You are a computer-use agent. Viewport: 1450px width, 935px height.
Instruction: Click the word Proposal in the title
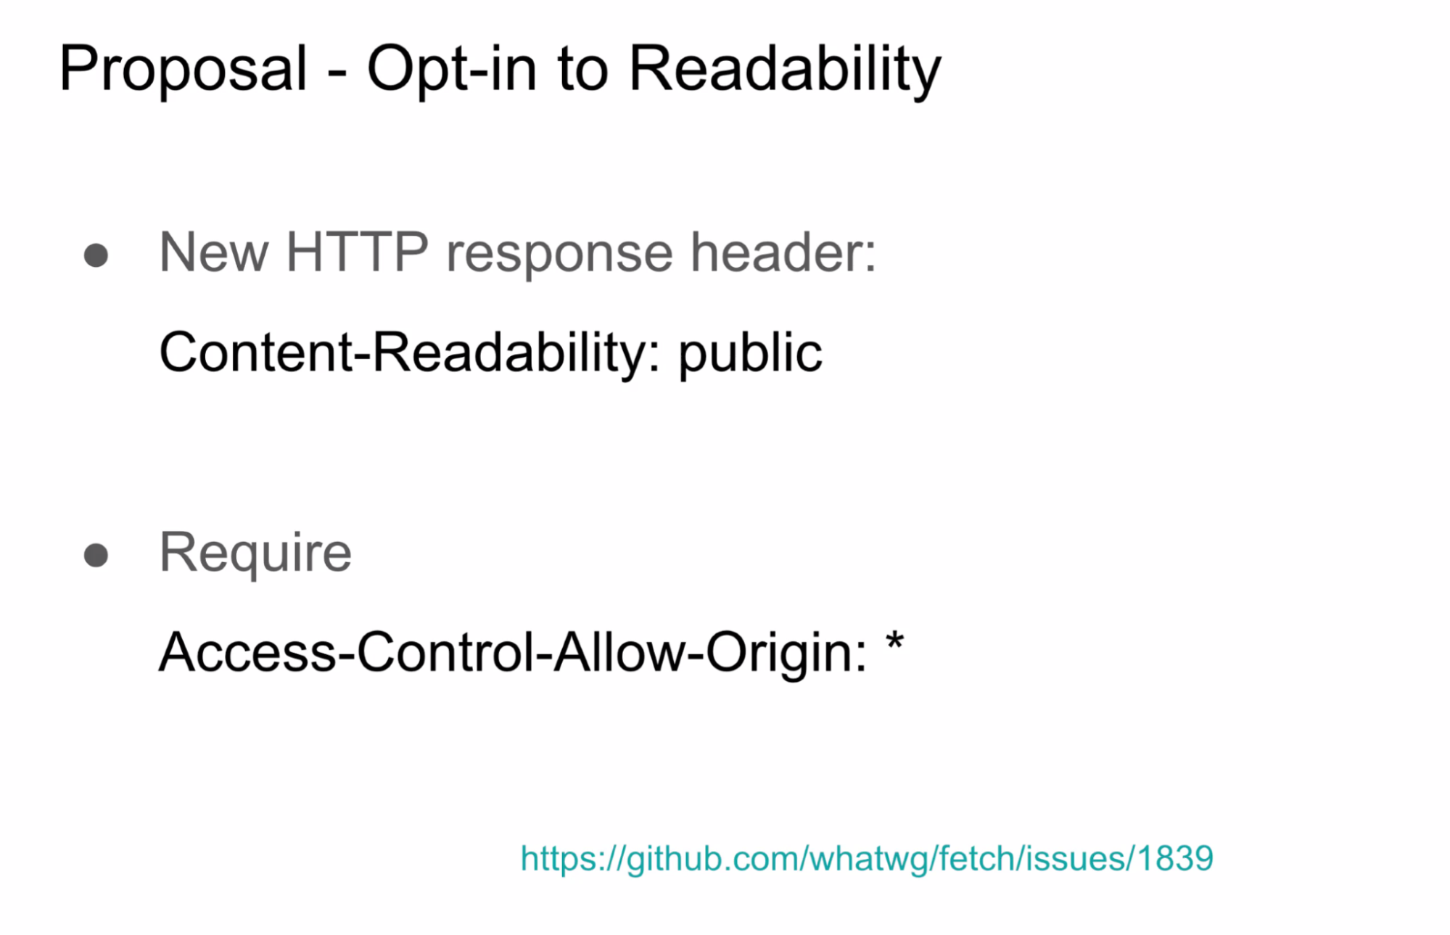184,70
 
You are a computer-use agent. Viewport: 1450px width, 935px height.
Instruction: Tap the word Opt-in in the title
451,70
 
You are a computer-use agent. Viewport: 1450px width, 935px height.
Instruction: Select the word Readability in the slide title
785,70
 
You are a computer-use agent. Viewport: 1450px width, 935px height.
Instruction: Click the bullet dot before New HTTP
96,255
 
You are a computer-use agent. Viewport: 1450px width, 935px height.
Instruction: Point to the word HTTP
357,252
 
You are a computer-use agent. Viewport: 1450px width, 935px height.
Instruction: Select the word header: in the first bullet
783,252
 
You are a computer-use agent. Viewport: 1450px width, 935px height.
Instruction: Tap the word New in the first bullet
214,252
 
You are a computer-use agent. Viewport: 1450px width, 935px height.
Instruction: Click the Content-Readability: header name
410,354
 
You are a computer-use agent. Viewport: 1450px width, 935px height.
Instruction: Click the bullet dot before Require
96,556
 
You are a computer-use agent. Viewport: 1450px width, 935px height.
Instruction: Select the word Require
255,554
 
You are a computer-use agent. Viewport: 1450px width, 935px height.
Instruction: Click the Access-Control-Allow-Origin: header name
512,653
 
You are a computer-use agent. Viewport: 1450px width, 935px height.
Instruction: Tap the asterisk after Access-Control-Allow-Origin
895,642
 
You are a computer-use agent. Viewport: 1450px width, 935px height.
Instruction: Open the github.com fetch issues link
867,860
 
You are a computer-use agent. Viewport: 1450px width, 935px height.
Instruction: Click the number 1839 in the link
1175,859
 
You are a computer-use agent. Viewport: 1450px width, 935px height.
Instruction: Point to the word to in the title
582,71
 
